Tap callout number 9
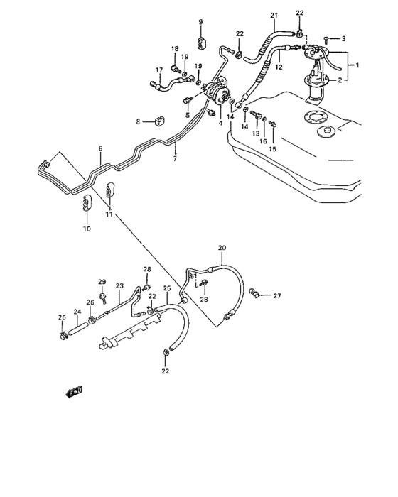point(200,22)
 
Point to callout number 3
point(343,38)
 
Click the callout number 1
point(357,65)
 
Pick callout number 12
point(279,67)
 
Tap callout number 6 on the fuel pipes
point(100,148)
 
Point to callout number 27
point(278,296)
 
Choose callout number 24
point(77,312)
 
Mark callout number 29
point(102,282)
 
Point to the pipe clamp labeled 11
point(111,190)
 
